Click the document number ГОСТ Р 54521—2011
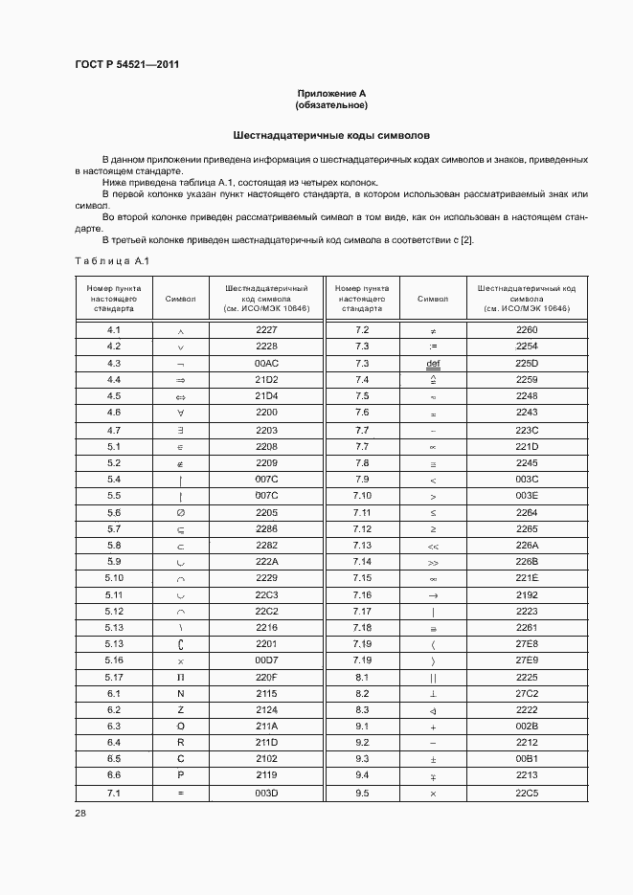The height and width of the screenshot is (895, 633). (127, 65)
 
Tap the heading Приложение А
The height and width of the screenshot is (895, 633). (331, 93)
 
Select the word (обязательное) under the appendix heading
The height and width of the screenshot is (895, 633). (331, 104)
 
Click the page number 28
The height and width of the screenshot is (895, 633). (79, 813)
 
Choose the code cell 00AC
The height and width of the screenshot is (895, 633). (266, 363)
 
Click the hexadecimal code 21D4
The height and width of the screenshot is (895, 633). (266, 395)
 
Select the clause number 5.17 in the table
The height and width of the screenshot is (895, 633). (114, 678)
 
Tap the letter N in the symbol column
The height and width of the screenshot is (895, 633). (180, 694)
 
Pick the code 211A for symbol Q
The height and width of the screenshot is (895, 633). (266, 727)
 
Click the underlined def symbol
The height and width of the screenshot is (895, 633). (433, 364)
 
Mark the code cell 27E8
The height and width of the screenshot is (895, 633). (527, 644)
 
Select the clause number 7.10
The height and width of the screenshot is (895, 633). (362, 495)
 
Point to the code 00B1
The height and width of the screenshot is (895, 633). (527, 760)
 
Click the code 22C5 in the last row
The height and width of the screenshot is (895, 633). (527, 794)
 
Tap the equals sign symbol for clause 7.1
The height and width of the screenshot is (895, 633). (180, 794)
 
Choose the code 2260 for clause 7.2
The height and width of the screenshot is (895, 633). (527, 329)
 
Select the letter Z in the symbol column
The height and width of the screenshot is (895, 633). (180, 710)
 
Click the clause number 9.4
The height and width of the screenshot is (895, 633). (362, 776)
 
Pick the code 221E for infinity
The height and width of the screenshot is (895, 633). (527, 578)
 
